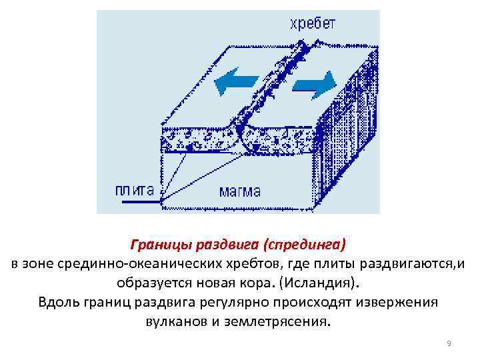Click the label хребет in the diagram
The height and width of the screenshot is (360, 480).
(x=312, y=25)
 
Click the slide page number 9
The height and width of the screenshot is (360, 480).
(x=449, y=343)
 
